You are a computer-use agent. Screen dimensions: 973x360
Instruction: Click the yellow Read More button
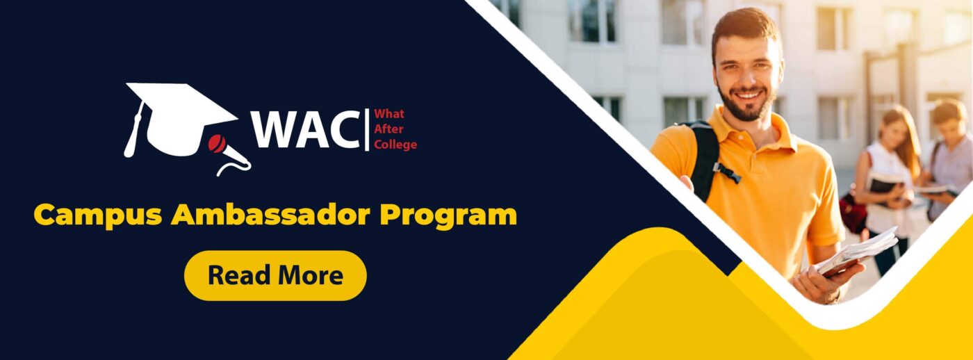point(275,275)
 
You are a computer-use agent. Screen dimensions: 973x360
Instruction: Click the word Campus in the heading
point(99,215)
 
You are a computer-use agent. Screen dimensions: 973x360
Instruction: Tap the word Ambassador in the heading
point(270,214)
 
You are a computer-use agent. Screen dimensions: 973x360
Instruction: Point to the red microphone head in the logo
point(216,143)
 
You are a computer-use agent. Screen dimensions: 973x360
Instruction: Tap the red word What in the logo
point(389,114)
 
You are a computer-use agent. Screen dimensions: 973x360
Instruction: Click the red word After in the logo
point(389,129)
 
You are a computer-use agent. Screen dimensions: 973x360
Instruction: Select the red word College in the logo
point(395,144)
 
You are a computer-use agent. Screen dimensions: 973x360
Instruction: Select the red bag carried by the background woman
point(853,213)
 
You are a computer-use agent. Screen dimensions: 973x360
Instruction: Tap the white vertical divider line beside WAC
point(368,129)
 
